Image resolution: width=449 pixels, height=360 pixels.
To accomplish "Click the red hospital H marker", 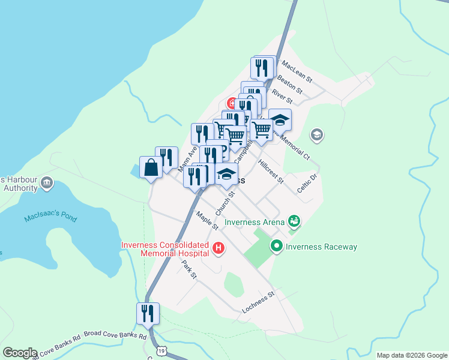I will pyautogui.click(x=218, y=248).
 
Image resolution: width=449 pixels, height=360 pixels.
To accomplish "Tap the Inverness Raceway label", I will pyautogui.click(x=321, y=247).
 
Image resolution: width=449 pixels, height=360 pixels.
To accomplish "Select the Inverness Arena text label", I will pyautogui.click(x=255, y=222).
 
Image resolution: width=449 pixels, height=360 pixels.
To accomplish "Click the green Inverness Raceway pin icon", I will pyautogui.click(x=277, y=245).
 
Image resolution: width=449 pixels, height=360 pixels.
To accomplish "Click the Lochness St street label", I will pyautogui.click(x=258, y=302).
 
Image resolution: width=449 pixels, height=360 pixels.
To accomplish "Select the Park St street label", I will pyautogui.click(x=190, y=270).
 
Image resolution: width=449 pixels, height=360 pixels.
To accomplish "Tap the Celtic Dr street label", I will pyautogui.click(x=306, y=182).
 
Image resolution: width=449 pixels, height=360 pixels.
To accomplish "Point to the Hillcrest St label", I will pyautogui.click(x=270, y=172).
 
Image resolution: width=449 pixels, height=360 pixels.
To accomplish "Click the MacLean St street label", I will pyautogui.click(x=297, y=71).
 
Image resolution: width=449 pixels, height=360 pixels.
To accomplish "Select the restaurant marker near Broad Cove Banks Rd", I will pyautogui.click(x=148, y=313).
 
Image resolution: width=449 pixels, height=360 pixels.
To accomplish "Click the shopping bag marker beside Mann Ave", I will pyautogui.click(x=151, y=167).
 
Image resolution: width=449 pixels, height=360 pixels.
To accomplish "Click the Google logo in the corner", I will pyautogui.click(x=20, y=353).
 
